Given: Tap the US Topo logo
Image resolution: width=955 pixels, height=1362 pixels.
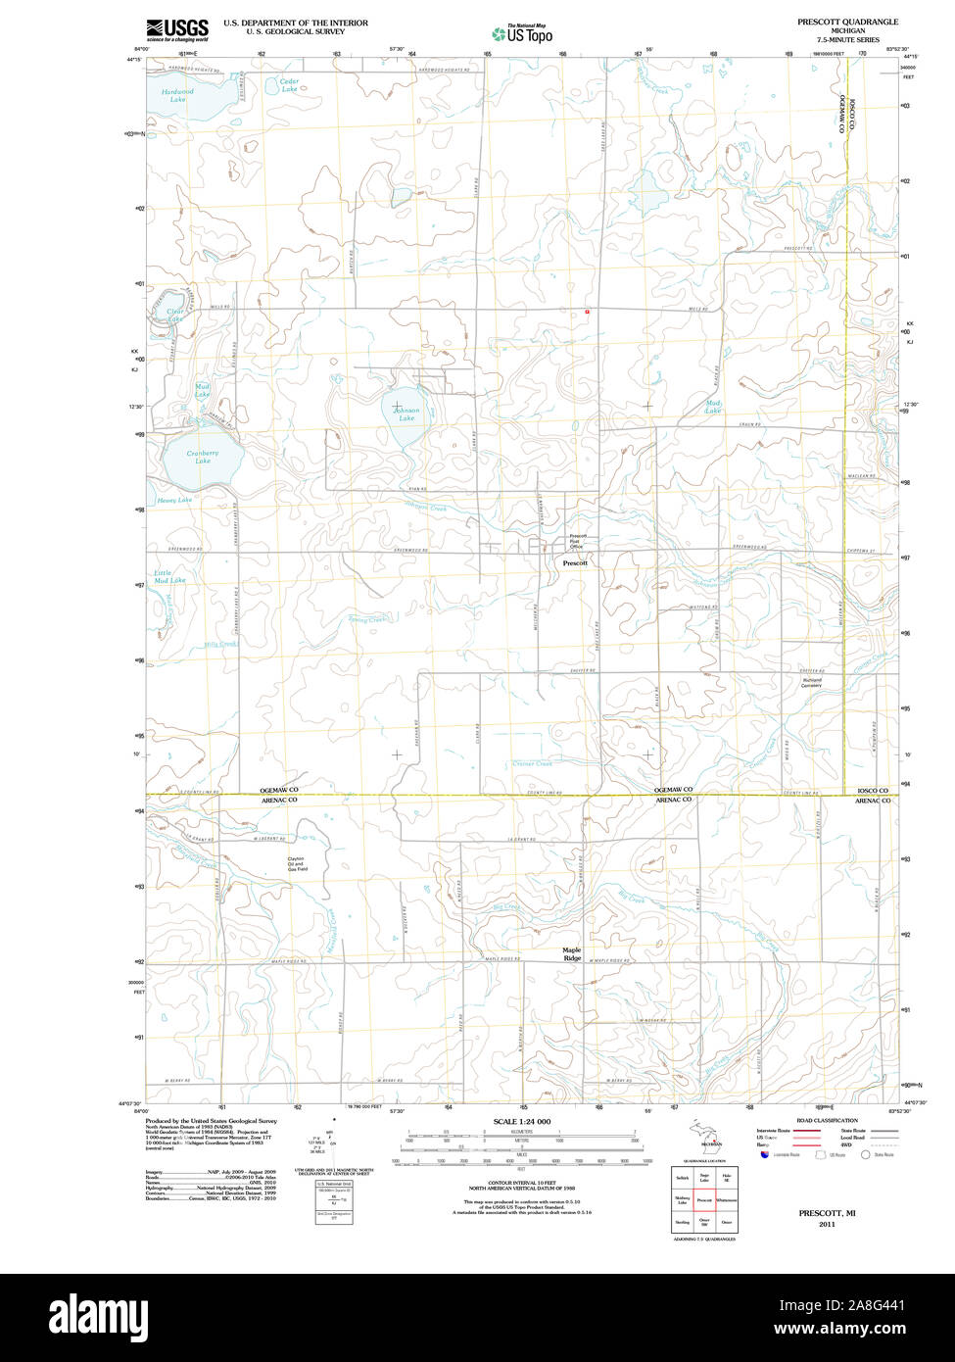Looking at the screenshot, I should click(523, 34).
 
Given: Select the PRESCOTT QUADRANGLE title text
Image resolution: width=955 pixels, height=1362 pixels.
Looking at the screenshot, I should click(847, 21).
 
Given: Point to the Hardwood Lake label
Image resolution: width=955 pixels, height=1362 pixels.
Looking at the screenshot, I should click(177, 95).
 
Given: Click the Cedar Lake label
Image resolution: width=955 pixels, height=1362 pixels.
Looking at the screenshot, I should click(289, 85).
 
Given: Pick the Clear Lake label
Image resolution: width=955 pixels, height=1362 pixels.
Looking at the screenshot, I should click(174, 316).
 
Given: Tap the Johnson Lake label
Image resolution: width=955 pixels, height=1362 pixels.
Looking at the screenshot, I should click(406, 413).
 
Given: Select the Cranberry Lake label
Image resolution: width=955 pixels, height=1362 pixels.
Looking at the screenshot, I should click(202, 457).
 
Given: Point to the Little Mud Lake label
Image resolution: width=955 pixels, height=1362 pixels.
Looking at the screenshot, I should click(169, 576).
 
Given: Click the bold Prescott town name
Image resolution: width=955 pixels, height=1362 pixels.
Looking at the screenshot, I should click(575, 563).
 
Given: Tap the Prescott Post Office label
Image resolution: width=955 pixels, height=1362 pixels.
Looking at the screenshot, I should click(578, 541).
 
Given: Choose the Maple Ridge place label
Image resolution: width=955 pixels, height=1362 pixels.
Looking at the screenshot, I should click(572, 953).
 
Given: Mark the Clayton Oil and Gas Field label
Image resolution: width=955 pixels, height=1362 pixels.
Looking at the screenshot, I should click(297, 864).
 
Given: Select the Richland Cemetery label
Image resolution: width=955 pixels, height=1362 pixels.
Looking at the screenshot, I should click(811, 682).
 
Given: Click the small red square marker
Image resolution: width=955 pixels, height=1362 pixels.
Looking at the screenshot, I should click(587, 312).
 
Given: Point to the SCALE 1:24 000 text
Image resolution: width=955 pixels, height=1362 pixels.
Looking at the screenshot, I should click(522, 1121).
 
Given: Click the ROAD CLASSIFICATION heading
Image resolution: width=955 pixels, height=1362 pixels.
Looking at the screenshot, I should click(827, 1120).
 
